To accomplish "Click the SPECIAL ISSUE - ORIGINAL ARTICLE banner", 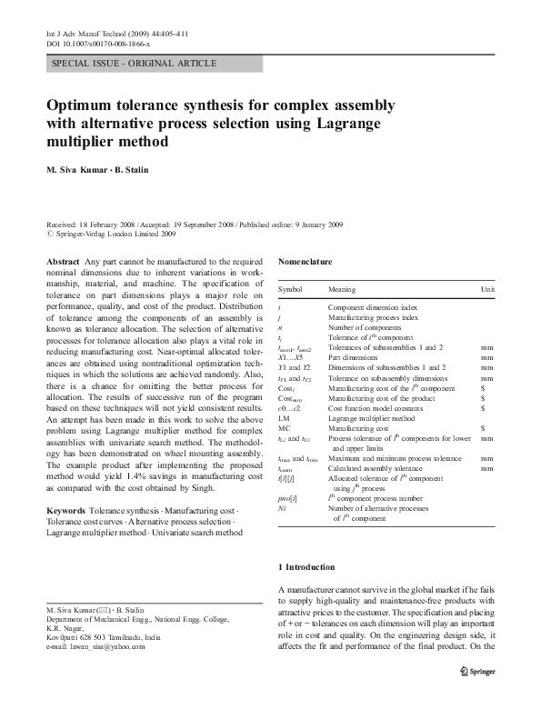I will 135,64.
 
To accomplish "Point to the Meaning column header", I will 342,289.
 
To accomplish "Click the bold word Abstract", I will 62,262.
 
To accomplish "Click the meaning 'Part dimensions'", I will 353,357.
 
